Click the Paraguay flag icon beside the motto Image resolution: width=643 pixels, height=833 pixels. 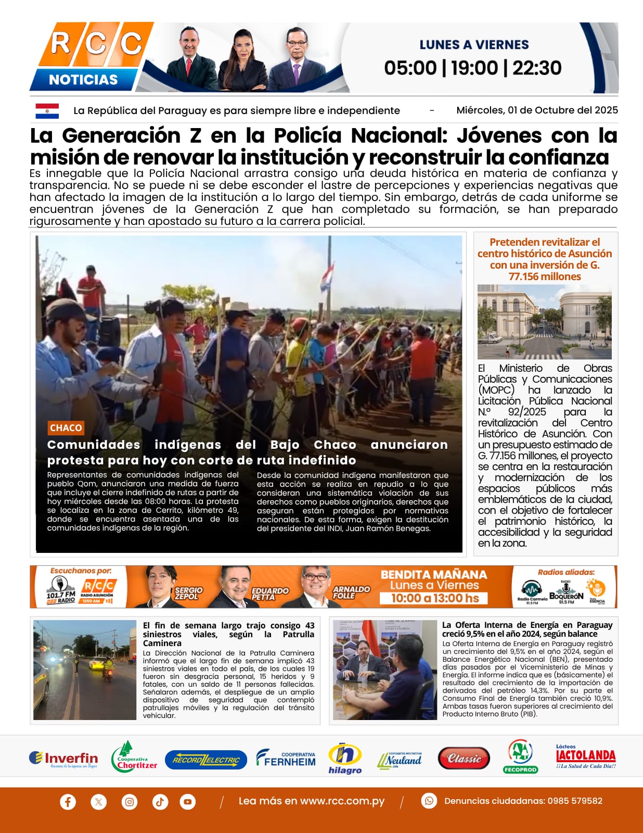click(x=47, y=111)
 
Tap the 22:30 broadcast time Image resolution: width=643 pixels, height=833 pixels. click(x=537, y=68)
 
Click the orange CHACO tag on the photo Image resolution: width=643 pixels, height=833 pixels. click(x=66, y=427)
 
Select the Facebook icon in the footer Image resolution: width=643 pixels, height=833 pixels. click(x=68, y=801)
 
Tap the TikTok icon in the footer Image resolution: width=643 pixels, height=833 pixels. click(x=160, y=801)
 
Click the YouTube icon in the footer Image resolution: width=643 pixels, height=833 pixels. click(x=188, y=801)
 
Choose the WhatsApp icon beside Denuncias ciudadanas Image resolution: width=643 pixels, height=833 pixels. click(x=429, y=801)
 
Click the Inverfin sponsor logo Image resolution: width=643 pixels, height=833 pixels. click(x=63, y=759)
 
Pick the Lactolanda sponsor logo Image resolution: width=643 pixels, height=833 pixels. click(x=586, y=757)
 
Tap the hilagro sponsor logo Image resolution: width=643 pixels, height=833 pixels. click(x=345, y=758)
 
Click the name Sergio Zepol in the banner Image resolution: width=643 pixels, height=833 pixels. click(x=188, y=593)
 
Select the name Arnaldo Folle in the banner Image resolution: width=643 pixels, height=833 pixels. click(x=351, y=592)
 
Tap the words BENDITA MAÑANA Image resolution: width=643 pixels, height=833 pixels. click(x=434, y=574)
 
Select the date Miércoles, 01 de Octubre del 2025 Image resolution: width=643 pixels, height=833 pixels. click(x=537, y=110)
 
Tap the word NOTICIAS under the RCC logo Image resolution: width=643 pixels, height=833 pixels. click(x=83, y=80)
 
